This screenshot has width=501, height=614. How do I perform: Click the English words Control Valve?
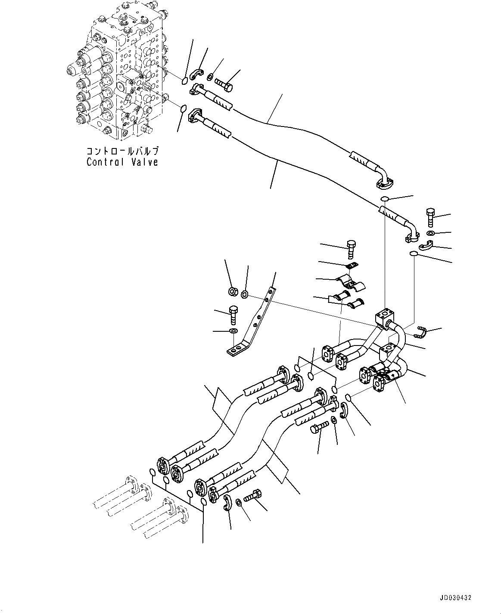click(122, 162)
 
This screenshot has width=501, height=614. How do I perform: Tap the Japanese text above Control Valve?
click(122, 151)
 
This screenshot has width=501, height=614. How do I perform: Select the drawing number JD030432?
click(456, 598)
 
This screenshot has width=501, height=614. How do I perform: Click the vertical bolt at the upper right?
click(431, 217)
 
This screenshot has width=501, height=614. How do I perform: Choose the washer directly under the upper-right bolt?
click(431, 233)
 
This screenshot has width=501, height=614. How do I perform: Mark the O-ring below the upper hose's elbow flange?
click(385, 198)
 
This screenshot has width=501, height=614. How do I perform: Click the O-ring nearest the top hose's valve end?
click(184, 80)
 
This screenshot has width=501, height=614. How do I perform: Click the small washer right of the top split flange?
click(210, 77)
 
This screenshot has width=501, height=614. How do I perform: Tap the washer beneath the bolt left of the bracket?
click(233, 330)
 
